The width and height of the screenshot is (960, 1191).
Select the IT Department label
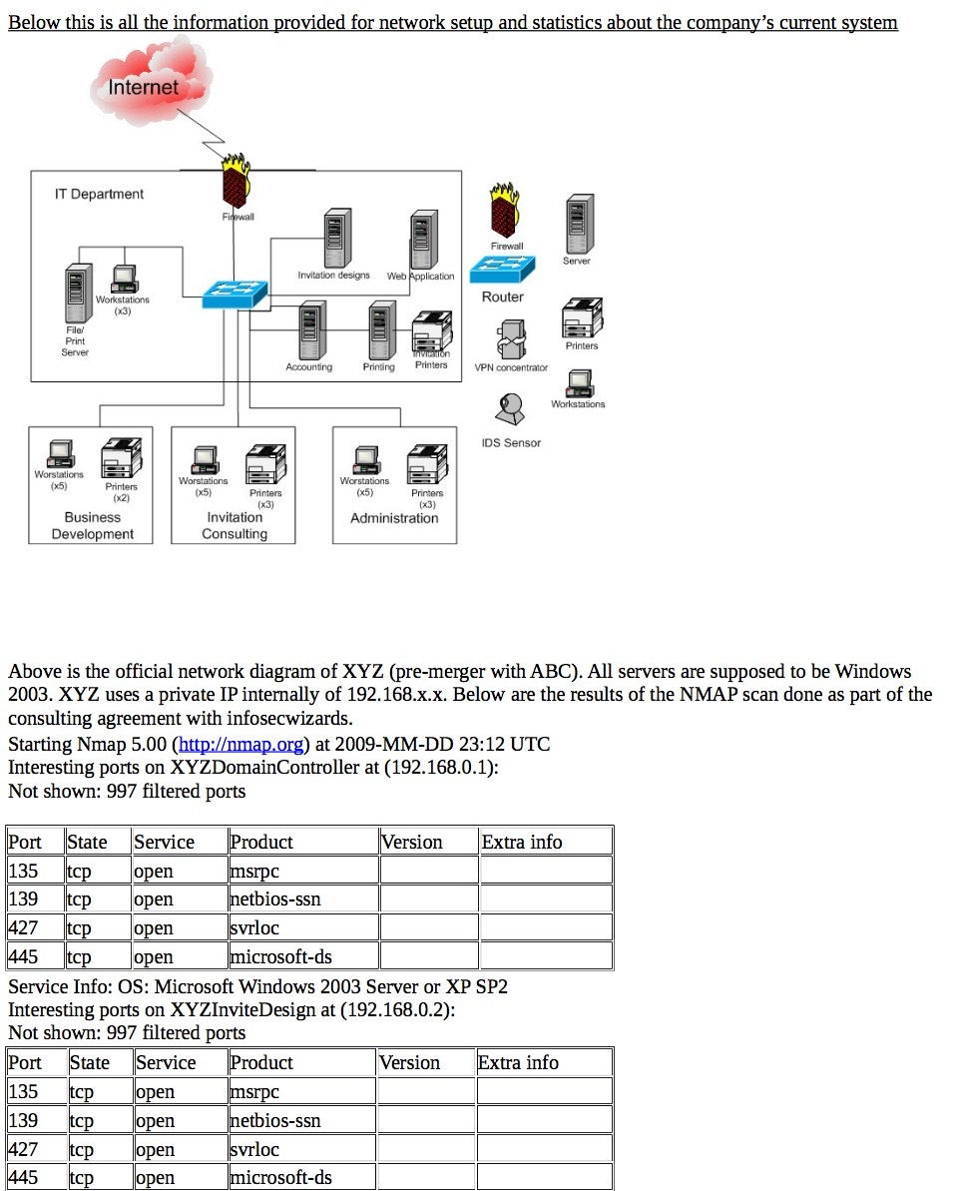coord(99,194)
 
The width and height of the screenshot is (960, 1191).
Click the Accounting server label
coord(308,367)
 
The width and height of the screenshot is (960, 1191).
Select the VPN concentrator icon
coord(511,338)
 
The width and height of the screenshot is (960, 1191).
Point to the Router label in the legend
coord(502,297)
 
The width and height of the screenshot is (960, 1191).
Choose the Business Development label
coord(92,526)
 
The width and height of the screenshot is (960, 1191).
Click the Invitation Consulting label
coord(235,526)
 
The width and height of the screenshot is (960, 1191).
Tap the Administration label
coord(394,518)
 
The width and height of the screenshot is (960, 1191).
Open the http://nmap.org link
coord(240,744)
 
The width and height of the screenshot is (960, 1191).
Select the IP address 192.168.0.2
coord(397,1009)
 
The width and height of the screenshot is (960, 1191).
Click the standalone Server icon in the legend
coord(577,225)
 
